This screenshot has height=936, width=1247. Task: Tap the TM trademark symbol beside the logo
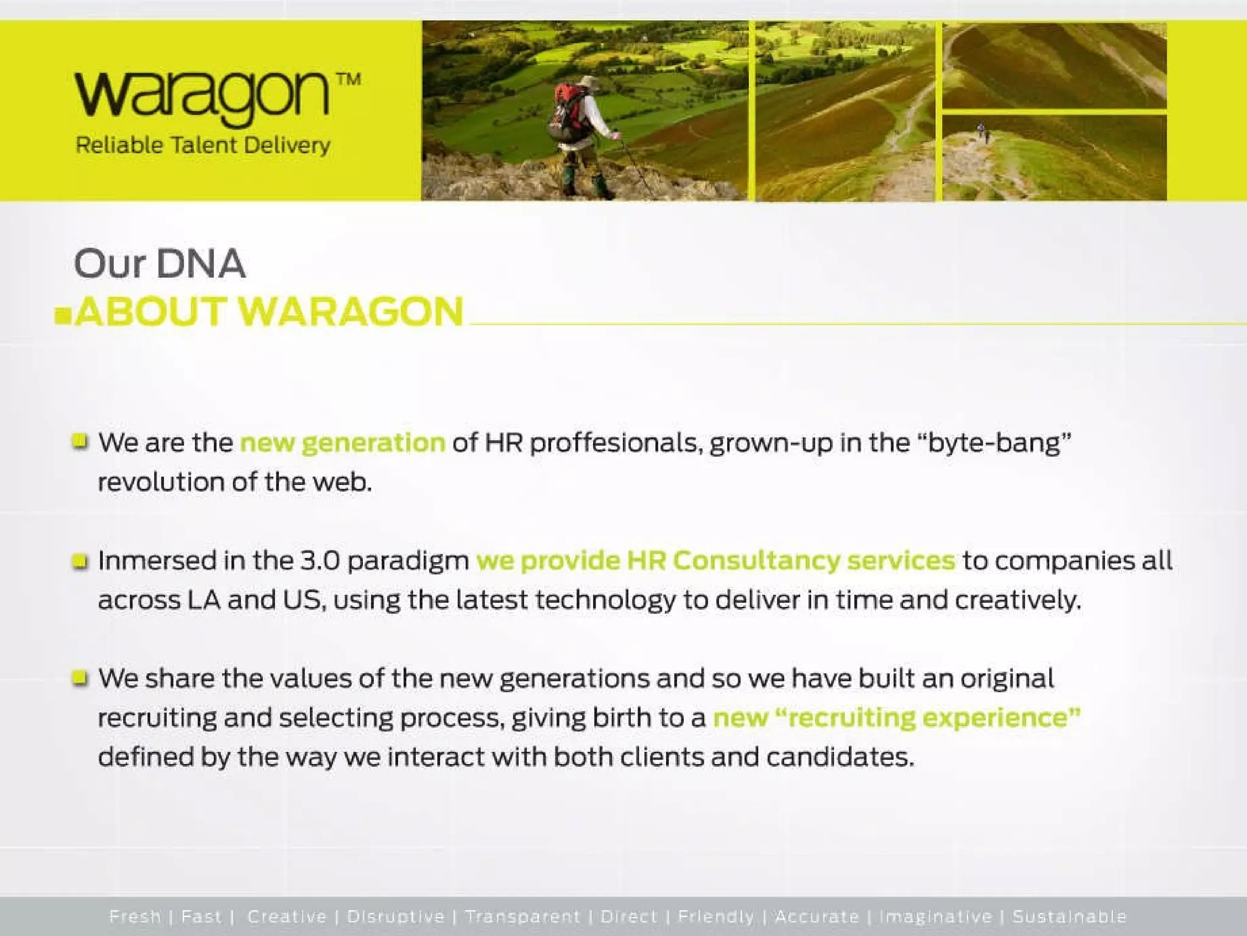(x=348, y=80)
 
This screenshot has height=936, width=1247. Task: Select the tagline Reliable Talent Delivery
(x=203, y=146)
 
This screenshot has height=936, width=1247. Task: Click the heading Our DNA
(x=160, y=264)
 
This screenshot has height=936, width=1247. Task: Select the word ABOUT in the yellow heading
(x=151, y=311)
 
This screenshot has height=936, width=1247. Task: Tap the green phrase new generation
(x=343, y=442)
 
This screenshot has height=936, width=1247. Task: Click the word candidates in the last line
(x=840, y=757)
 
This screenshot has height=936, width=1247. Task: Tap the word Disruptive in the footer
(x=396, y=916)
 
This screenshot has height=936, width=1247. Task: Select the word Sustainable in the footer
(x=1070, y=916)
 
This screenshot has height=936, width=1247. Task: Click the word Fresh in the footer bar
(x=135, y=916)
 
